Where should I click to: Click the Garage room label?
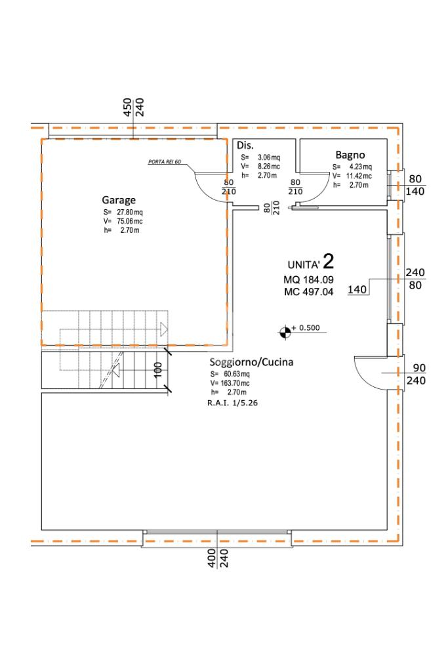[119, 200]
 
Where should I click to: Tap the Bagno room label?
[350, 155]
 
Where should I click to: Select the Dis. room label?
[245, 145]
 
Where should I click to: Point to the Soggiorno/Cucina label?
[251, 362]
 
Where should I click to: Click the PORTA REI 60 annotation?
[164, 162]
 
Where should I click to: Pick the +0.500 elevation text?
[306, 328]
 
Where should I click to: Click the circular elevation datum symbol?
[285, 332]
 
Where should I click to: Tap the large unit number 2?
[328, 261]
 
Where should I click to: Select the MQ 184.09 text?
[308, 280]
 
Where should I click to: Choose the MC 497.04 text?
[308, 293]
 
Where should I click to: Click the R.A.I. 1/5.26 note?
[232, 403]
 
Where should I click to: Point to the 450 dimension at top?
[127, 108]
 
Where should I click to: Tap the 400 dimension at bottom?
[212, 558]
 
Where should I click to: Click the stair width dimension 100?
[158, 370]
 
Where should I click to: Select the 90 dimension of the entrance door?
[419, 367]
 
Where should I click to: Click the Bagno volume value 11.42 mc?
[359, 176]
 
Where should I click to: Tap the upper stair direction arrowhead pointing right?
[163, 329]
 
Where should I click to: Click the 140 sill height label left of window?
[357, 290]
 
